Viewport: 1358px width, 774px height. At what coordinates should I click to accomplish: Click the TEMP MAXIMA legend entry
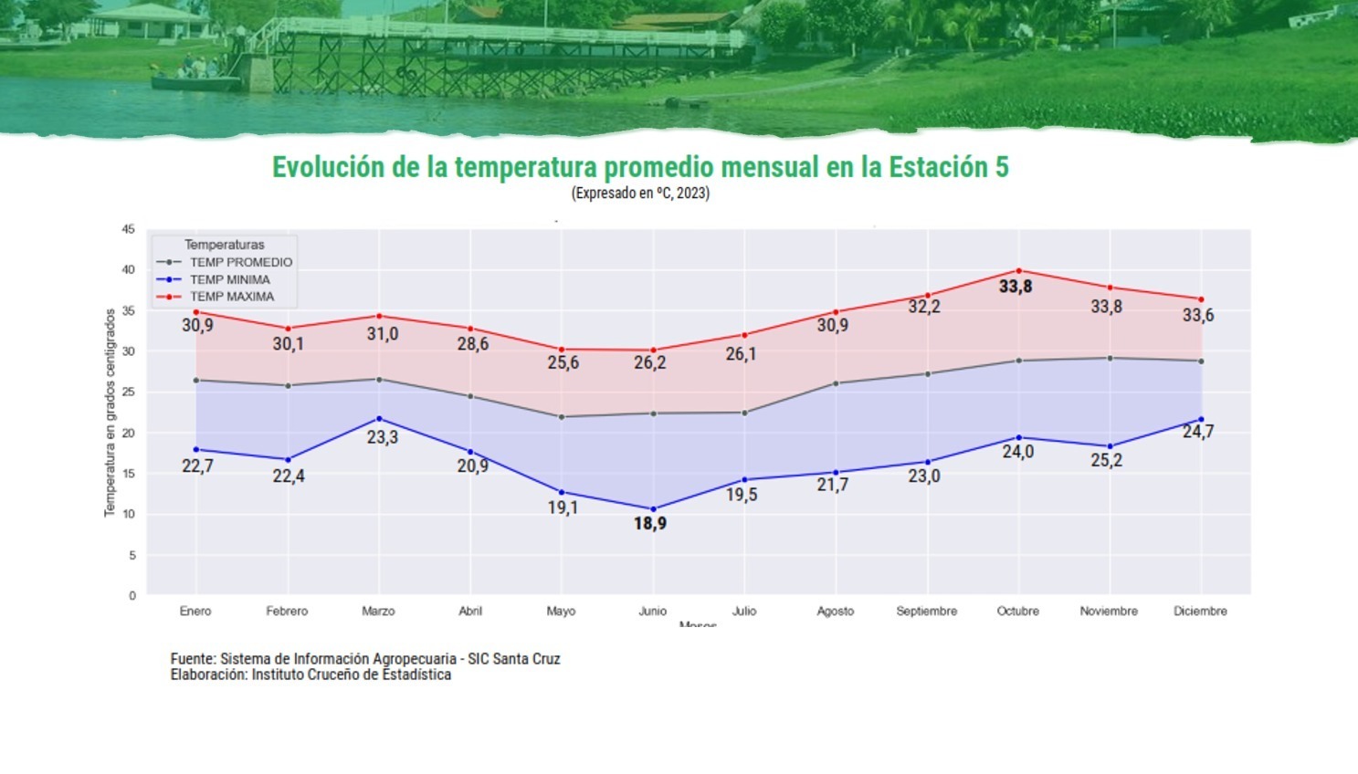pyautogui.click(x=231, y=297)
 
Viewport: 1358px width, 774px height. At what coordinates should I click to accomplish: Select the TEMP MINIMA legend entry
pyautogui.click(x=229, y=279)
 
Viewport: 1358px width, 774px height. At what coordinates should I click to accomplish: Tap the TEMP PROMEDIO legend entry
pyautogui.click(x=240, y=262)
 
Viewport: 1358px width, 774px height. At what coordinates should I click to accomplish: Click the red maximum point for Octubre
pyautogui.click(x=1018, y=270)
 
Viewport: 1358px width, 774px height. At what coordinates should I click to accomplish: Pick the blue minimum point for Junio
pyautogui.click(x=653, y=509)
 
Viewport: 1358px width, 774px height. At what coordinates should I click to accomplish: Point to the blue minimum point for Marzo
pyautogui.click(x=379, y=418)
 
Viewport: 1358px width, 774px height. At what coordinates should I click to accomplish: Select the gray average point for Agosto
pyautogui.click(x=836, y=383)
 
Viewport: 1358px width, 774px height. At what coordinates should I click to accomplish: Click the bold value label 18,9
pyautogui.click(x=650, y=524)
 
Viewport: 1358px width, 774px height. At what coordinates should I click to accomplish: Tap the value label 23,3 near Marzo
pyautogui.click(x=383, y=437)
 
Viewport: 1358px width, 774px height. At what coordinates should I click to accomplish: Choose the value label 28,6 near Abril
pyautogui.click(x=473, y=344)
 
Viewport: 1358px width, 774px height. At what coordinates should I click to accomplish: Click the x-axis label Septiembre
pyautogui.click(x=926, y=611)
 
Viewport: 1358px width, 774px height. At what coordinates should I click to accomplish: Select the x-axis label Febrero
pyautogui.click(x=287, y=611)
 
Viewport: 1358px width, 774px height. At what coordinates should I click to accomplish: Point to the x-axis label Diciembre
pyautogui.click(x=1200, y=611)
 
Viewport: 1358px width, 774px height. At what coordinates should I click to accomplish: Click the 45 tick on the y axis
pyautogui.click(x=129, y=229)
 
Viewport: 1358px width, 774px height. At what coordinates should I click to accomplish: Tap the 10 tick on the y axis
pyautogui.click(x=129, y=514)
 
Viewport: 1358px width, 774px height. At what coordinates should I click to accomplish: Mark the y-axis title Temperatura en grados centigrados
pyautogui.click(x=110, y=413)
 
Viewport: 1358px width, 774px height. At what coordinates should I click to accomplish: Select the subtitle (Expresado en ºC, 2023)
pyautogui.click(x=640, y=193)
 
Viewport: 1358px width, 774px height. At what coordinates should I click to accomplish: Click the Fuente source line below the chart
pyautogui.click(x=365, y=659)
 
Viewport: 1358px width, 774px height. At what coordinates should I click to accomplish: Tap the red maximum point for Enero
pyautogui.click(x=196, y=312)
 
